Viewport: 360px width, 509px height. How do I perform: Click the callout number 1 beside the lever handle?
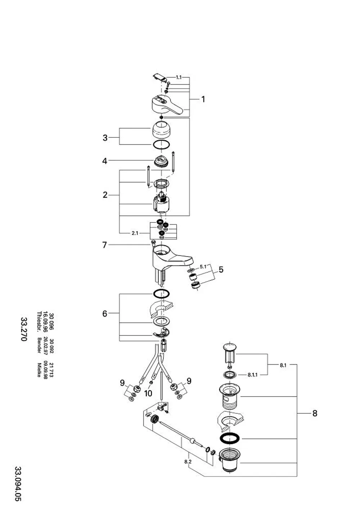(203, 99)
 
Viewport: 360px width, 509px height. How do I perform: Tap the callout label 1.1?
(179, 77)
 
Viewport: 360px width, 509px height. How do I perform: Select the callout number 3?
(105, 138)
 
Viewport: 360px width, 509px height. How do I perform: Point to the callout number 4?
(104, 161)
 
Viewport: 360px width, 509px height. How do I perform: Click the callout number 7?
(104, 245)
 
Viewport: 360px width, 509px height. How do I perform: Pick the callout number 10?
(148, 393)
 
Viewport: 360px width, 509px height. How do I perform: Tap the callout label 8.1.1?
(252, 375)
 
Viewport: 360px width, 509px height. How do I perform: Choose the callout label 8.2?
(188, 462)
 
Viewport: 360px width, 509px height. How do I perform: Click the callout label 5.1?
(203, 266)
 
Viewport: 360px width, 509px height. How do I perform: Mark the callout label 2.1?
(135, 233)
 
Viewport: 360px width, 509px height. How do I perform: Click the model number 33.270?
(24, 329)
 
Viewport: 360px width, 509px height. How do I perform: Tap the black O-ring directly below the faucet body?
(161, 294)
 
